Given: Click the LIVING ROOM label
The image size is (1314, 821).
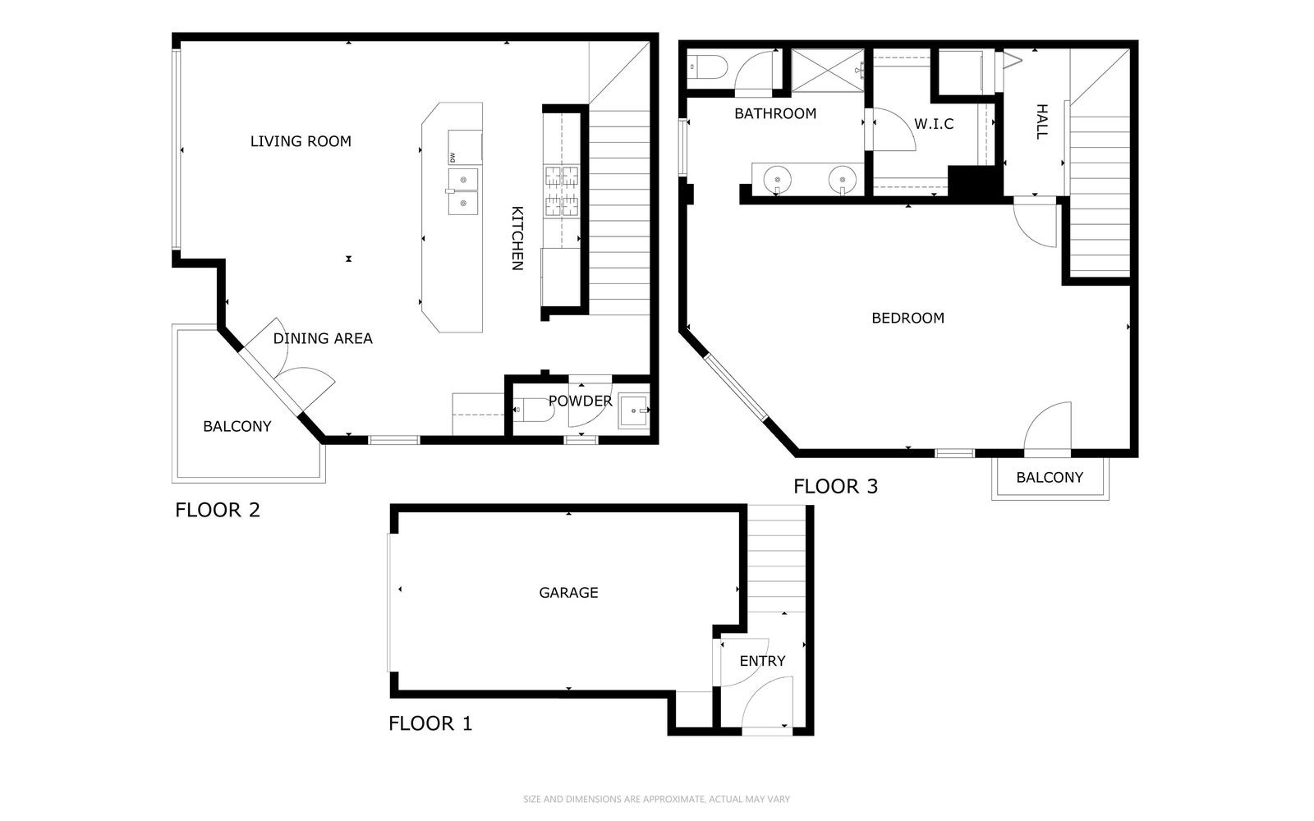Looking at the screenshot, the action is [301, 141].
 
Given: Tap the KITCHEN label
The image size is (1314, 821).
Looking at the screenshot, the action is [517, 238].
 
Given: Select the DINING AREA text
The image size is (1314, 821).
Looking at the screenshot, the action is [323, 338].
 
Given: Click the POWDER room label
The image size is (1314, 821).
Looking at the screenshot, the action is [580, 401].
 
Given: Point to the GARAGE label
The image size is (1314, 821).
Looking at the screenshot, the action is [568, 593].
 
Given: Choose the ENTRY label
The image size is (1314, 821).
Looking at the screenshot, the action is [762, 662].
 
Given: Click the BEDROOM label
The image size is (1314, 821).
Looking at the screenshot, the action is [908, 318].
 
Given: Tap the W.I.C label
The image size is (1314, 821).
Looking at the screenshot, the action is [934, 124].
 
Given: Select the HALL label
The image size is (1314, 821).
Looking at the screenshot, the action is [1042, 122].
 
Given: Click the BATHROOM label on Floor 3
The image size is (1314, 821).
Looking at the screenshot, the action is [775, 114].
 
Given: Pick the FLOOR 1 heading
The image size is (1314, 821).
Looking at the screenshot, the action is [430, 723].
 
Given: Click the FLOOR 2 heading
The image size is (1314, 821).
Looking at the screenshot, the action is [217, 510].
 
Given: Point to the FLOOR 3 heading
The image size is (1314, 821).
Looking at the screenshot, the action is [835, 486].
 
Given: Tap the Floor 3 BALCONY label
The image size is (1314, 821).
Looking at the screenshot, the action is [1050, 477].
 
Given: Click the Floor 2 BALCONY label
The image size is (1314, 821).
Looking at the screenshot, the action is [237, 426].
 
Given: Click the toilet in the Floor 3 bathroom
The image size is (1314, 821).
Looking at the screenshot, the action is [707, 67].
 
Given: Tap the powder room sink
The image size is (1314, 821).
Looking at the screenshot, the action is [634, 410].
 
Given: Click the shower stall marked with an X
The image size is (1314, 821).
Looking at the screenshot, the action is [828, 71].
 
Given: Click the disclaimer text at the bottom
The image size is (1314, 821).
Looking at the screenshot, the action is [656, 799].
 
